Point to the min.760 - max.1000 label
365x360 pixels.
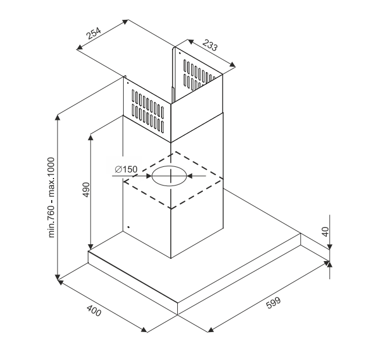(x=52, y=197)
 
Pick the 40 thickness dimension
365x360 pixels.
(x=326, y=229)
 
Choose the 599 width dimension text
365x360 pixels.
(x=273, y=303)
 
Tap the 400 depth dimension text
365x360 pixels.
(x=93, y=311)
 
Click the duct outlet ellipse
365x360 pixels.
(x=170, y=175)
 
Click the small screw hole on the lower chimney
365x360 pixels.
(x=128, y=227)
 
